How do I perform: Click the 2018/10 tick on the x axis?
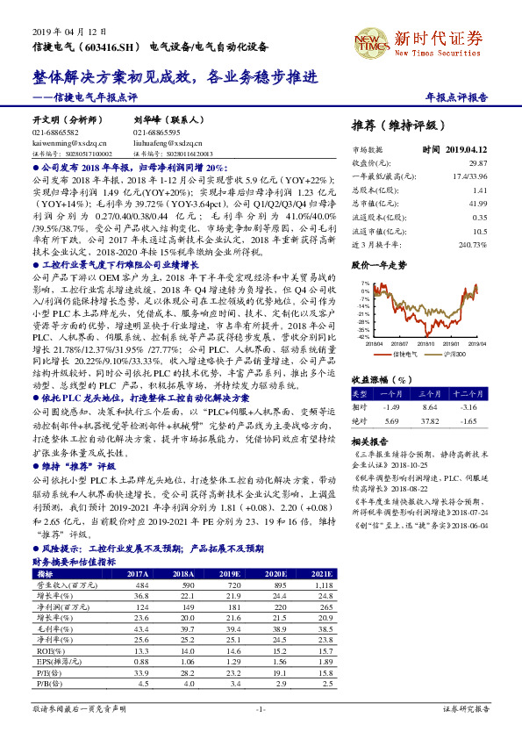click(x=436, y=344)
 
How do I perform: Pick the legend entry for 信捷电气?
click(x=402, y=355)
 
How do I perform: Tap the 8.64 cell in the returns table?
click(x=430, y=408)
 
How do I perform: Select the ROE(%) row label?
click(x=45, y=650)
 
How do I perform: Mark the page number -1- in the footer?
click(x=261, y=708)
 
